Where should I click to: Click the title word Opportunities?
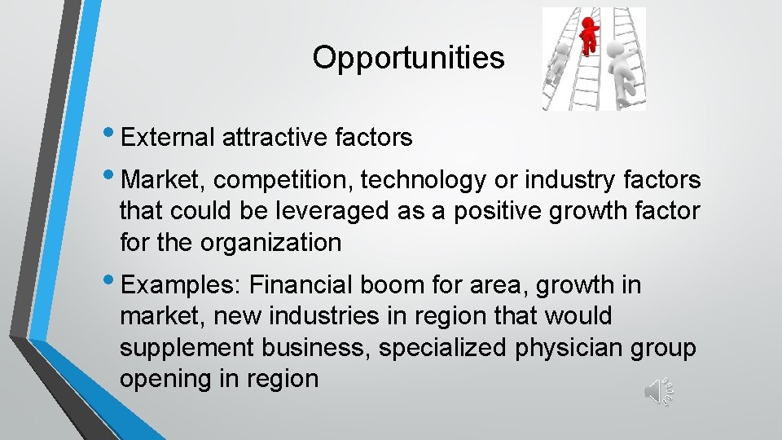[x=408, y=58]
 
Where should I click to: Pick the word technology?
[x=420, y=179]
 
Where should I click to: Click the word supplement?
[x=187, y=348]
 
